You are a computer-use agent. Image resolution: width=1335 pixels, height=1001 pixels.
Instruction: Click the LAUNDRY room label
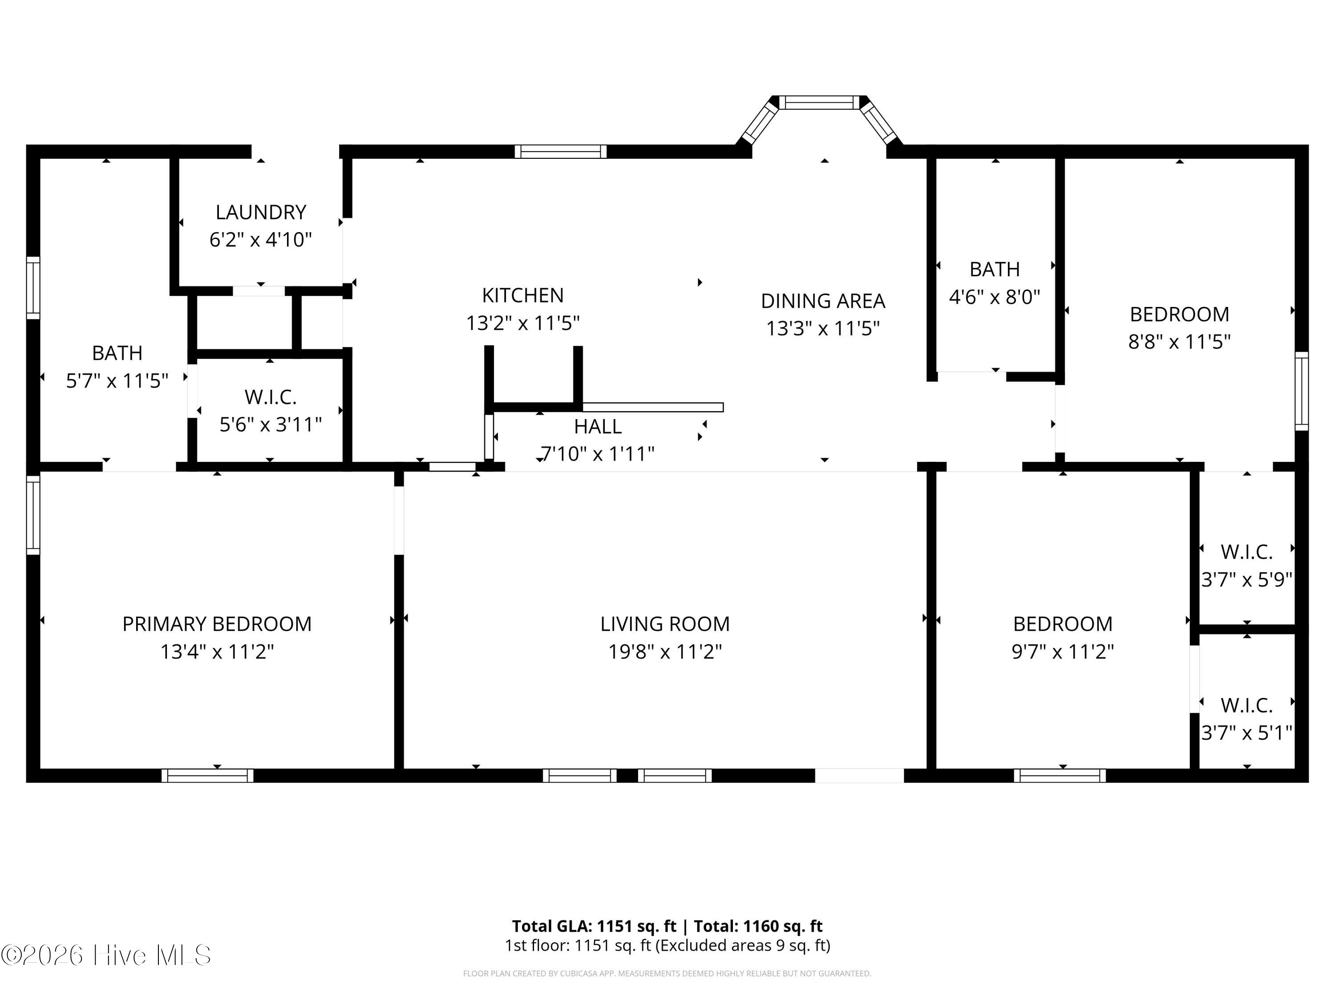click(x=261, y=212)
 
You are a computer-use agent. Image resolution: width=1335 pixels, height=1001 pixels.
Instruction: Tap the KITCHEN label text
click(x=523, y=295)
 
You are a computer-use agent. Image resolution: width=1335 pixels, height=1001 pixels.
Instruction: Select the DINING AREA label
click(x=823, y=300)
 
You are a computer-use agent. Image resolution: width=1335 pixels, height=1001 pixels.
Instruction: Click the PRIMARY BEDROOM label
click(x=217, y=623)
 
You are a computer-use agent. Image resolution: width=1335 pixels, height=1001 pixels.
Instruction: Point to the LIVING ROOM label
click(x=664, y=623)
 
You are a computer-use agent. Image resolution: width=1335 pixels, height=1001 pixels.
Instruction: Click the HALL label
click(x=598, y=427)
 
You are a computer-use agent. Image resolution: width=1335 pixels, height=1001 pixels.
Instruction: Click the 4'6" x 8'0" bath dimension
click(x=995, y=297)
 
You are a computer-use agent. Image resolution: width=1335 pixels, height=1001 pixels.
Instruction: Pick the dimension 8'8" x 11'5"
click(x=1179, y=342)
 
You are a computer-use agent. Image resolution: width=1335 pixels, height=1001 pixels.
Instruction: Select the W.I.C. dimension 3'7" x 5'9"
click(x=1247, y=580)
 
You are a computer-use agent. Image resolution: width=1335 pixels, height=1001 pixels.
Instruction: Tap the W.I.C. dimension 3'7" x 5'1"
click(x=1247, y=732)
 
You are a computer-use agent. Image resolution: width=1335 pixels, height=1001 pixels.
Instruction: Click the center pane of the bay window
click(x=818, y=103)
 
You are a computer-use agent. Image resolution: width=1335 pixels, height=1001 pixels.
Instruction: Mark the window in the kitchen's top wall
click(x=561, y=151)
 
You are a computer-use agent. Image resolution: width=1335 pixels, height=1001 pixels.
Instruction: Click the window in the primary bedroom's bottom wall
click(x=208, y=775)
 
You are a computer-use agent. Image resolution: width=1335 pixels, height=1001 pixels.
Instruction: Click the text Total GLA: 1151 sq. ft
click(x=594, y=925)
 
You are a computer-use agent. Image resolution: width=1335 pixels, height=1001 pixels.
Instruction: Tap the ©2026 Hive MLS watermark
click(x=106, y=955)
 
